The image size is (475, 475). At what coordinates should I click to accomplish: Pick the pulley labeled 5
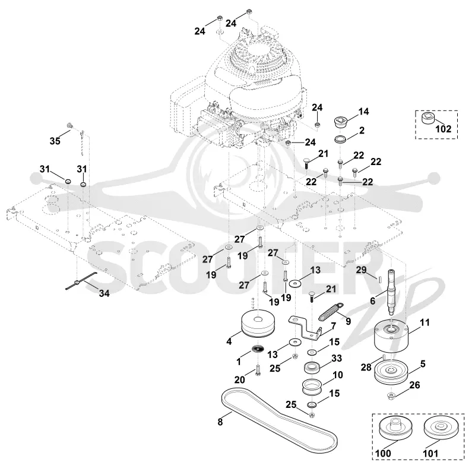click(391, 372)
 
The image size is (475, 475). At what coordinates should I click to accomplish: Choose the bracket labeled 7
click(306, 329)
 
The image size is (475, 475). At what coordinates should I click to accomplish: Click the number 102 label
click(443, 129)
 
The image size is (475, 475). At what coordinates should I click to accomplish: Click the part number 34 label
click(104, 293)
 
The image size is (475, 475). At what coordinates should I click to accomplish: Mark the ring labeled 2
click(341, 140)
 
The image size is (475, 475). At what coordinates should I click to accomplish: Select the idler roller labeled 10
click(312, 387)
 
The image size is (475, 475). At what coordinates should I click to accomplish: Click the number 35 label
click(55, 141)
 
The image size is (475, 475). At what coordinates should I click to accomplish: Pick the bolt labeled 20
click(258, 370)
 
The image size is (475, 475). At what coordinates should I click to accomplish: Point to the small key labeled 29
click(379, 278)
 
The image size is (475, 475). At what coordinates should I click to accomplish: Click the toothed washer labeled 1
click(258, 349)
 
